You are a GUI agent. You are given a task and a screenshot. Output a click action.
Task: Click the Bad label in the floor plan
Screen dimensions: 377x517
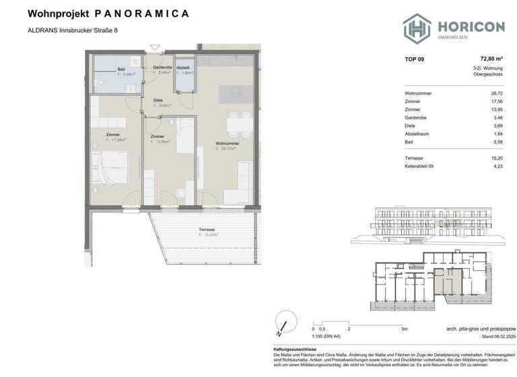coord(121,69)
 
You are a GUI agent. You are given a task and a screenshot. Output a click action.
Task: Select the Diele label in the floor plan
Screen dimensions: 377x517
coord(158,100)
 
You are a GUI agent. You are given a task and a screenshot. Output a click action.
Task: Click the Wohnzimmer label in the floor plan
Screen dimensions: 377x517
coord(225,143)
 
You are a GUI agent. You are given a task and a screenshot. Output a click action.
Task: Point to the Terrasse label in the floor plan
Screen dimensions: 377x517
coord(207,230)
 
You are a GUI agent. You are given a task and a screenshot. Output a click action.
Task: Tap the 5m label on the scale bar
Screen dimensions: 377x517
coord(403,329)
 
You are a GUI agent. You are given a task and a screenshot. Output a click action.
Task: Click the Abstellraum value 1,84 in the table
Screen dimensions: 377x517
coord(498,133)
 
